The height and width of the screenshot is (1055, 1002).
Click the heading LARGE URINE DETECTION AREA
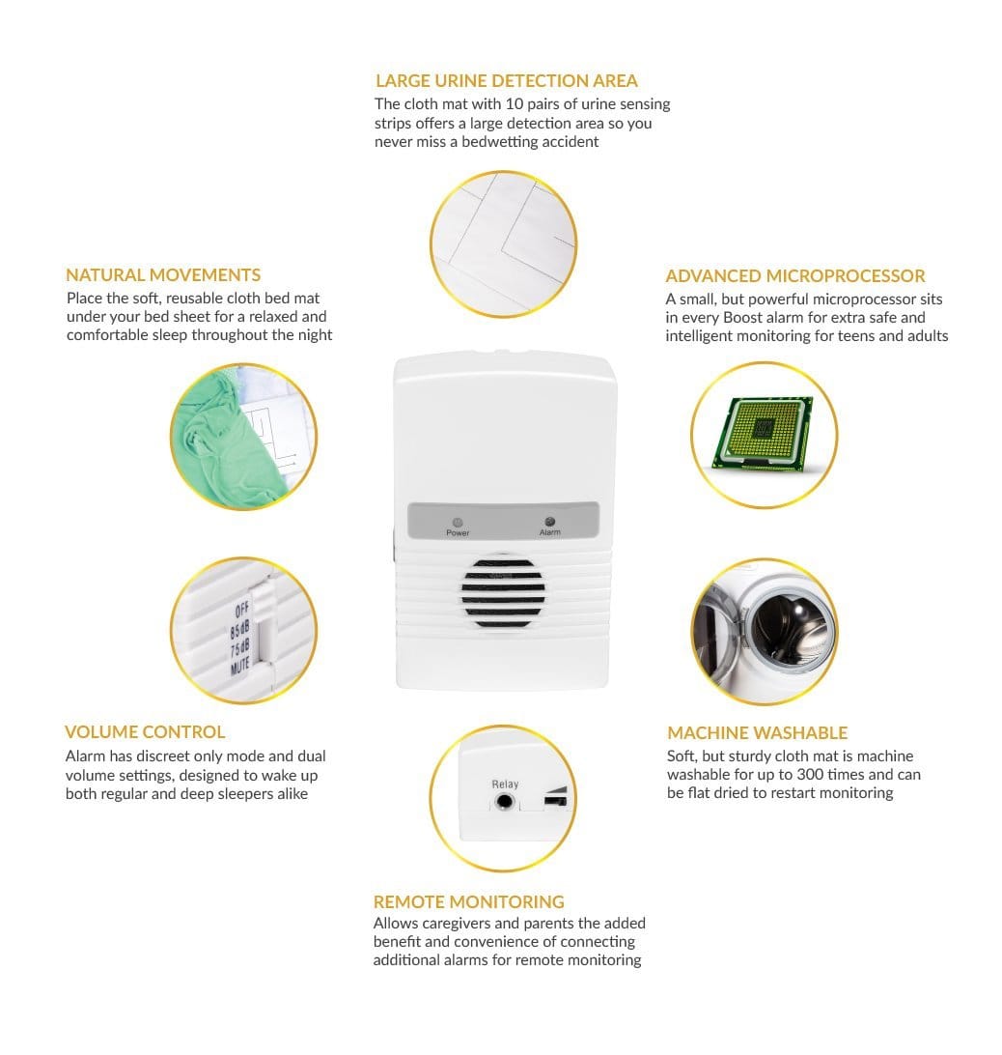click(x=507, y=81)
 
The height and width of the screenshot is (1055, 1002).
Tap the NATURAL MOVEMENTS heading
click(x=163, y=275)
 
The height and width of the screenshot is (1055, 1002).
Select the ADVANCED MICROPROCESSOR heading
click(x=795, y=276)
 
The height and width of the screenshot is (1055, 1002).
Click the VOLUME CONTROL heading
click(x=145, y=732)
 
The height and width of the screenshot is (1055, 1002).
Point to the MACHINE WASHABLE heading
click(x=757, y=732)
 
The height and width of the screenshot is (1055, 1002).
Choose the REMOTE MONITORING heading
click(x=469, y=901)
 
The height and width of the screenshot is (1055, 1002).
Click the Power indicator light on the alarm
click(x=458, y=522)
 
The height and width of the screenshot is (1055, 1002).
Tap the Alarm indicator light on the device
click(x=550, y=522)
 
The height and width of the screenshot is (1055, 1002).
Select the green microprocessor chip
click(x=764, y=433)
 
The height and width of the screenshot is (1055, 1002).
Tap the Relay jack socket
click(x=504, y=801)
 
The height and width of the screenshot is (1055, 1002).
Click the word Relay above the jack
click(x=505, y=784)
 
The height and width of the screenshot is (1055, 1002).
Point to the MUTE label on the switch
click(x=240, y=666)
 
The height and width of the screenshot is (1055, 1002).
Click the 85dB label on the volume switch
click(x=240, y=630)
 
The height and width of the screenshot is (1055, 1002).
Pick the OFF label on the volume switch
click(x=242, y=611)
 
